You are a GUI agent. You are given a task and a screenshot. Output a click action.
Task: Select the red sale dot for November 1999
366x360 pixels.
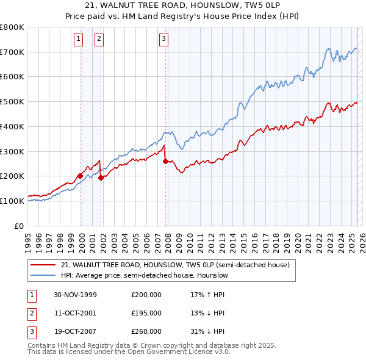(80, 176)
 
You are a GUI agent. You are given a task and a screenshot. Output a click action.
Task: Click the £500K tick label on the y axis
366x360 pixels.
(12, 102)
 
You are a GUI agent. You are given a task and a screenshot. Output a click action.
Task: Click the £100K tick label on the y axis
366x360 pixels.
(12, 201)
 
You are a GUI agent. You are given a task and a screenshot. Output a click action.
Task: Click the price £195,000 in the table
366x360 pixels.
(146, 313)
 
